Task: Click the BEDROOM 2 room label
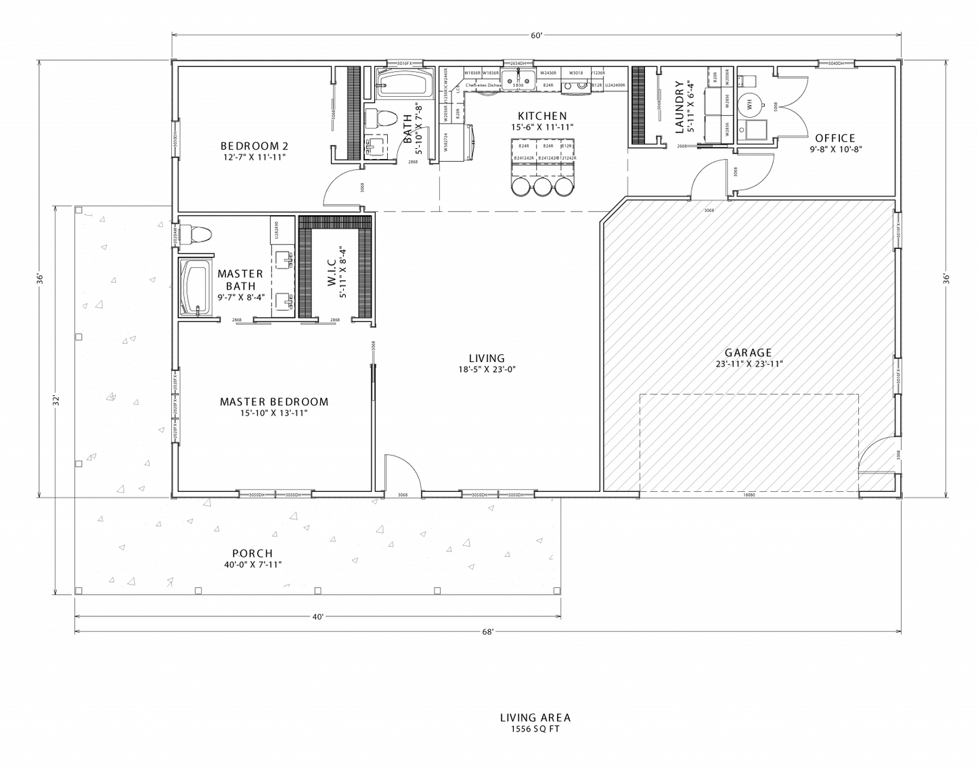pos(250,145)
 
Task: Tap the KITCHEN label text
pos(542,116)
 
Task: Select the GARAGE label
pos(748,353)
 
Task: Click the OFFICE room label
pos(835,138)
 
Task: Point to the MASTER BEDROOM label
pos(274,401)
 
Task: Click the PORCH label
pos(252,553)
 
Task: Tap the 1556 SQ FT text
pos(535,729)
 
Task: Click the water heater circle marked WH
pos(749,104)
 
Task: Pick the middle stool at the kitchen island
pos(543,187)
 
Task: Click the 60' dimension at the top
pos(537,36)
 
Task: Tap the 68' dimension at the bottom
pos(488,632)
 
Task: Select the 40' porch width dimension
pos(318,616)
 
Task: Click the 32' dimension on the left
pos(58,401)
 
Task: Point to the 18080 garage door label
pos(749,495)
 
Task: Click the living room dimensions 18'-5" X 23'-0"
pos(487,369)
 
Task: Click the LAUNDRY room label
pos(680,107)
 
